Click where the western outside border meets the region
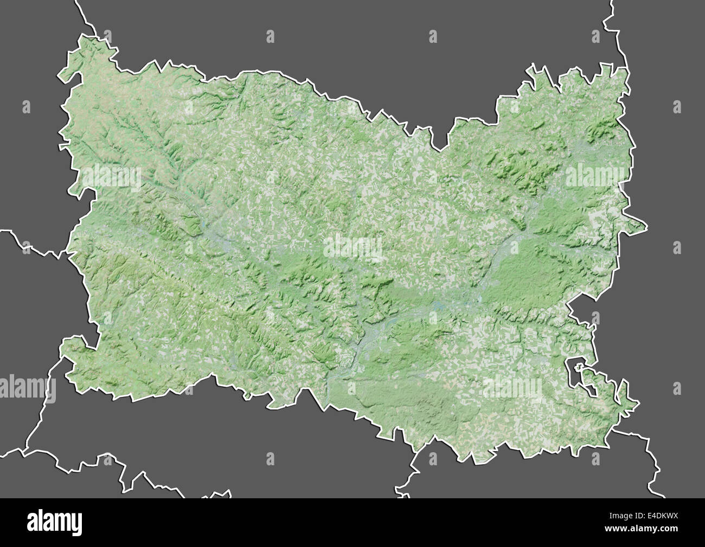coord(68,252)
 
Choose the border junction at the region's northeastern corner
coord(628,68)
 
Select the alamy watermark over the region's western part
coord(111,177)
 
